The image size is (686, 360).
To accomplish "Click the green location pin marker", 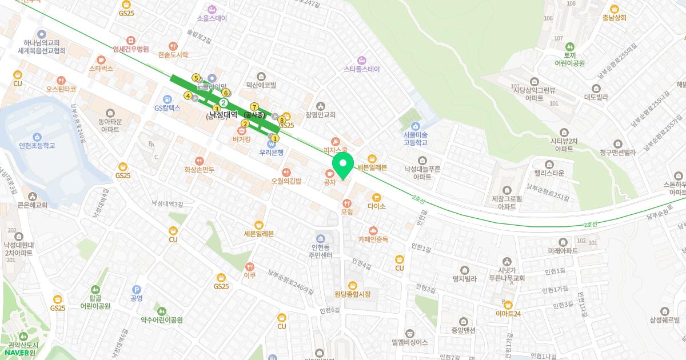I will coord(343,165).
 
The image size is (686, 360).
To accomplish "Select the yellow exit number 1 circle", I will coord(274,138).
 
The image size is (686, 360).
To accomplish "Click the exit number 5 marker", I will coord(196,78).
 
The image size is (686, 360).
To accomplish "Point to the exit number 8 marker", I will coord(282,120).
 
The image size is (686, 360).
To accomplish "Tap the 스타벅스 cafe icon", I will coord(101,59).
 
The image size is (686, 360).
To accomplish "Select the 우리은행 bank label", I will coord(272,153).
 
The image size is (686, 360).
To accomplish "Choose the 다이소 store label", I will coord(377,206).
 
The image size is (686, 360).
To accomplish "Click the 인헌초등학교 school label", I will coord(37,146).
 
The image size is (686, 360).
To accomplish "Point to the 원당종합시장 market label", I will coord(353,294).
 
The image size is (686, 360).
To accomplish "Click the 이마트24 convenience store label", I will coord(508,313).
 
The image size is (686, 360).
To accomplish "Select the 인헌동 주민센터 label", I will coord(320,251).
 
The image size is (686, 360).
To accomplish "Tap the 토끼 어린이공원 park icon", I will coord(569,46).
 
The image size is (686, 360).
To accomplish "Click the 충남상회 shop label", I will coord(615,18).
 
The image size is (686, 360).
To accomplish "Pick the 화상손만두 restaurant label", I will coord(199,170).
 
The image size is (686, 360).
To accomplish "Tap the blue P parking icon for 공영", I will coord(136,290).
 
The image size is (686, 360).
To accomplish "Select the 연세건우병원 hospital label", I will coord(131,49).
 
